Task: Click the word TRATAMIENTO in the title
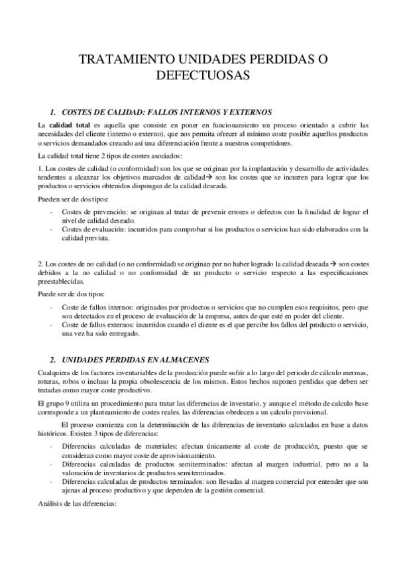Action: click(126, 60)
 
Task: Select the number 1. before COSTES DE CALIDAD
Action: click(54, 111)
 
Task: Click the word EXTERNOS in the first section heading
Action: click(249, 111)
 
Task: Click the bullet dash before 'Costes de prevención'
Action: click(52, 212)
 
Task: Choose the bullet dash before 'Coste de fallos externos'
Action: click(52, 325)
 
